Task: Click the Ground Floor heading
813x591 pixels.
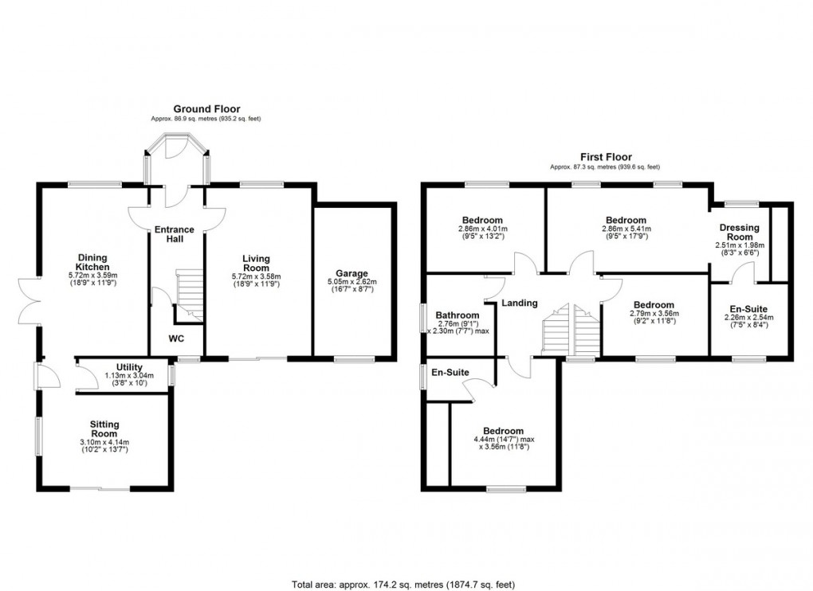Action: (206, 109)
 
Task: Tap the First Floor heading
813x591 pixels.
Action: (606, 157)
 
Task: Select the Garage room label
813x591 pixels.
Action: (352, 273)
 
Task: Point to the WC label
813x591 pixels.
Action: (176, 339)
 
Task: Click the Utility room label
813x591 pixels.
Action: (129, 368)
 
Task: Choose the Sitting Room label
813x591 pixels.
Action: (104, 429)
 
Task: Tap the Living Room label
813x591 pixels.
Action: (256, 263)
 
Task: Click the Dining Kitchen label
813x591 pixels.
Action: (93, 262)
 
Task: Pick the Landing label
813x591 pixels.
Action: (520, 303)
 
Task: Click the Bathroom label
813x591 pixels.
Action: (458, 315)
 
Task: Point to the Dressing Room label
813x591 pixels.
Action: (740, 232)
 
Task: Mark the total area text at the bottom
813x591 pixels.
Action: (403, 585)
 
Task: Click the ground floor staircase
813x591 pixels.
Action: (189, 295)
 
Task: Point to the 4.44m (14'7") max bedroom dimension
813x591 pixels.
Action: (504, 439)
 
